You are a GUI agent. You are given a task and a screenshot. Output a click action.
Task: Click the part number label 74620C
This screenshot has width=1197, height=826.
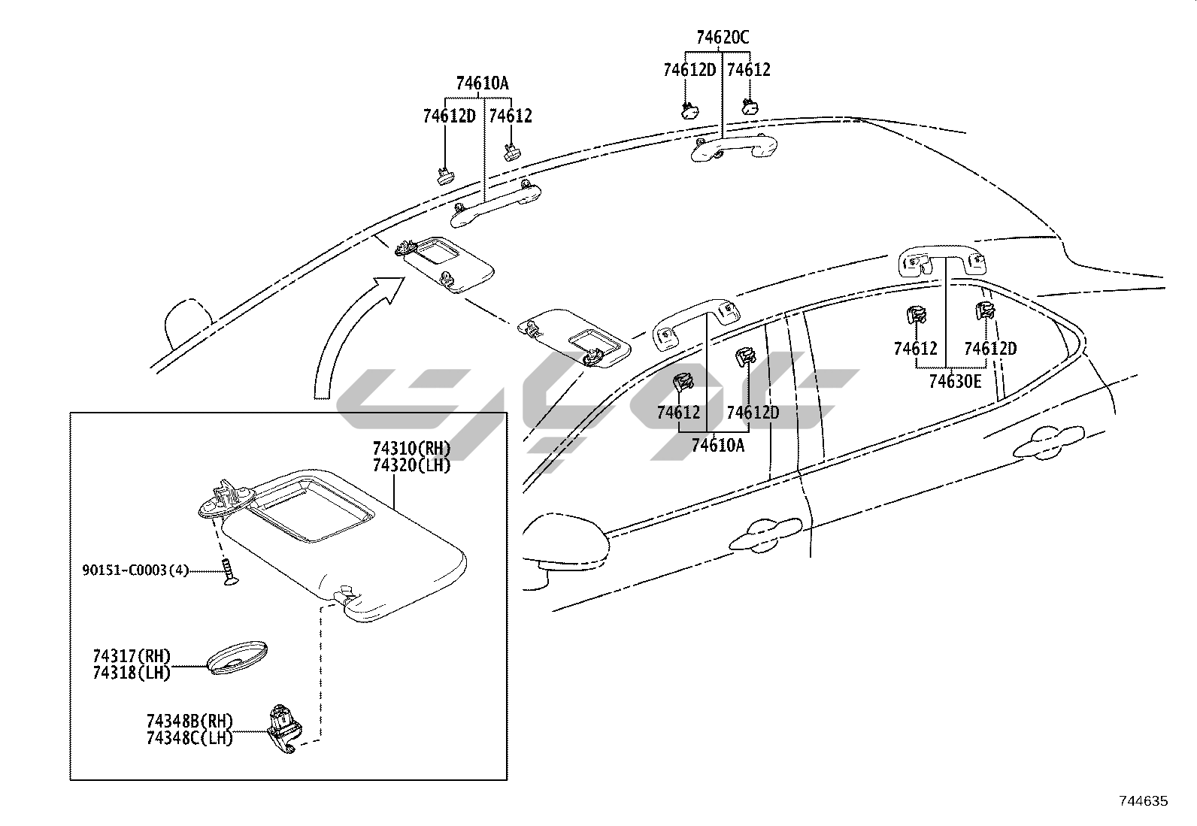[x=722, y=37]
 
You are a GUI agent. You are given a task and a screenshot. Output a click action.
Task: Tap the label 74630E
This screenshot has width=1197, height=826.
[x=954, y=381]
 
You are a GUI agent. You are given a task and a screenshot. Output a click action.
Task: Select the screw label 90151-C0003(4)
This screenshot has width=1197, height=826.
[x=135, y=570]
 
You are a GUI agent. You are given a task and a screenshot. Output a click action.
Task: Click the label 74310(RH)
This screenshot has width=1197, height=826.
[x=411, y=449]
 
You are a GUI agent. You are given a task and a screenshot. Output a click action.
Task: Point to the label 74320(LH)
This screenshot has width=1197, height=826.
[x=411, y=466]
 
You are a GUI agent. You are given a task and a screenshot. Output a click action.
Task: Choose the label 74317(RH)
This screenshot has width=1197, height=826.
[x=132, y=657]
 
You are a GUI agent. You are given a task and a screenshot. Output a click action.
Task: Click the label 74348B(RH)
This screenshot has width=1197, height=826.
[x=189, y=721]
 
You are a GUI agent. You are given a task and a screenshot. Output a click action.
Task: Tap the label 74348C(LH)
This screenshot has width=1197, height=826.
[x=189, y=738]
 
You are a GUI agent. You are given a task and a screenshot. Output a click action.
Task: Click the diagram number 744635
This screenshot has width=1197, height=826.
[x=1144, y=801]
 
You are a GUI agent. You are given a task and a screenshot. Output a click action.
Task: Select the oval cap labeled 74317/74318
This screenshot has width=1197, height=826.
[x=238, y=658]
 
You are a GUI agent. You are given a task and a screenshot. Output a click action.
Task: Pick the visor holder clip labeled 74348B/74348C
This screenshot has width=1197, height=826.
[x=284, y=729]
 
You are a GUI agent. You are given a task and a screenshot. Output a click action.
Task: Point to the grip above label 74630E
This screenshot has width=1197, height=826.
[x=943, y=262]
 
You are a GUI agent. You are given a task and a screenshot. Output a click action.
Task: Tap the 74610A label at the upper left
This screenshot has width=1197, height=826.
[x=482, y=83]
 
